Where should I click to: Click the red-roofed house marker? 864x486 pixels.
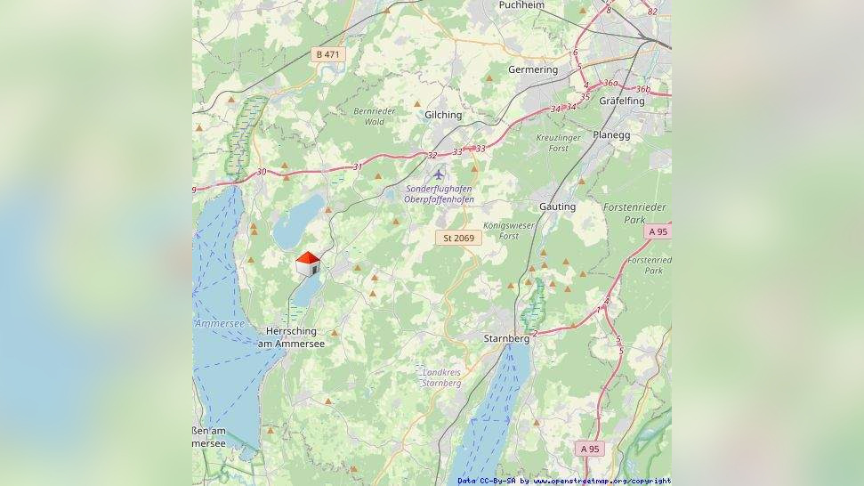(308, 263)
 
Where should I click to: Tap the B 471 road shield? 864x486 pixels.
(327, 54)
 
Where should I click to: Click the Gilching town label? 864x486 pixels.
(443, 115)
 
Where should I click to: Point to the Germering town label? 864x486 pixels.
(532, 69)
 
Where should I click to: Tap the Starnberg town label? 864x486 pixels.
(506, 339)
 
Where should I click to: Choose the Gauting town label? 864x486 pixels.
(557, 207)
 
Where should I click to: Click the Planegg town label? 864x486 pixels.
(636, 135)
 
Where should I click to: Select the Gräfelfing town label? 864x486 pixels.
(622, 101)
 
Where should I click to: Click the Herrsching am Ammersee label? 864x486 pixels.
(291, 337)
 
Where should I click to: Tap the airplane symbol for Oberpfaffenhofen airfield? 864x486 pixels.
(438, 174)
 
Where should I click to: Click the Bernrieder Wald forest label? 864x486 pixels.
(375, 116)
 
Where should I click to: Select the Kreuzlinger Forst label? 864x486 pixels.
(559, 143)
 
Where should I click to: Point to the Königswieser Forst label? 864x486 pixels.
(509, 231)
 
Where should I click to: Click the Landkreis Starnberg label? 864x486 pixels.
(442, 377)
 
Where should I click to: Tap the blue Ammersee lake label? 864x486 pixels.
(219, 324)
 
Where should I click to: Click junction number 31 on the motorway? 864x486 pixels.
(358, 166)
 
